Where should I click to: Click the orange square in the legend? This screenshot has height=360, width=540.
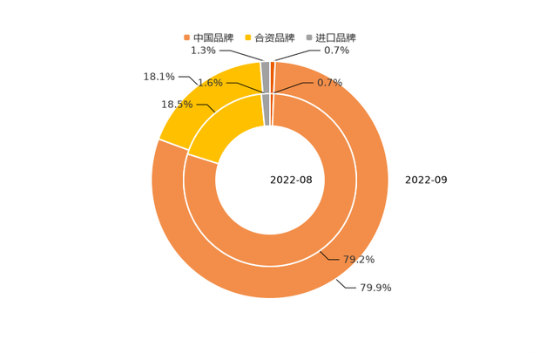pos(186,37)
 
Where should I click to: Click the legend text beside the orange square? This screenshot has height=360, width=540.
pos(213,37)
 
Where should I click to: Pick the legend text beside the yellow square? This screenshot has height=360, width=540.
pos(277,37)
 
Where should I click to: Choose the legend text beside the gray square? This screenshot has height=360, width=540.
pos(336,37)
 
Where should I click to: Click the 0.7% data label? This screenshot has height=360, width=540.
pos(330,82)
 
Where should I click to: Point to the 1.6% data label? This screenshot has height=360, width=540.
pos(210,83)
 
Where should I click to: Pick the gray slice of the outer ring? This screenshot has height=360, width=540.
pos(265,67)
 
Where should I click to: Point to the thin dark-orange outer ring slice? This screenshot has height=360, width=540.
pos(273,67)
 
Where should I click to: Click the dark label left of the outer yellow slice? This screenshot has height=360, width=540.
pos(159,78)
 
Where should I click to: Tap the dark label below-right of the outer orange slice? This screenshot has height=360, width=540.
pos(376,286)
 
